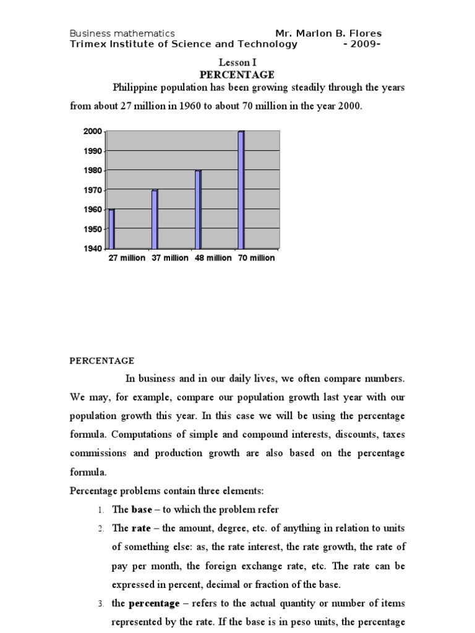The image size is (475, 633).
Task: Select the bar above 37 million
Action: [155, 219]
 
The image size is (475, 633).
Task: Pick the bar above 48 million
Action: [198, 209]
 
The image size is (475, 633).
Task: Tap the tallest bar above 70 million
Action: [241, 189]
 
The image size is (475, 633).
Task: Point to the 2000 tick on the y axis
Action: [92, 131]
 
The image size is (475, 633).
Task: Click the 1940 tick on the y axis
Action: [92, 249]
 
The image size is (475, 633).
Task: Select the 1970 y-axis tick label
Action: [92, 190]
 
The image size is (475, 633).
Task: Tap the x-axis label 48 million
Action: [213, 258]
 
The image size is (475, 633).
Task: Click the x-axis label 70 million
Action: [257, 258]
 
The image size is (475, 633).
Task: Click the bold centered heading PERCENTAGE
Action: [237, 75]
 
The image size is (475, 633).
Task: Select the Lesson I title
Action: [237, 62]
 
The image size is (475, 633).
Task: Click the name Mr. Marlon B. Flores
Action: [328, 33]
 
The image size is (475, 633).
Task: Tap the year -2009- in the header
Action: [362, 44]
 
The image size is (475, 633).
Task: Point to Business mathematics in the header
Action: [122, 33]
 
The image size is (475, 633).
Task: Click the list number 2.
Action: [100, 529]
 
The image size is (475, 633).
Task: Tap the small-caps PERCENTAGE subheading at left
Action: [101, 360]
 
